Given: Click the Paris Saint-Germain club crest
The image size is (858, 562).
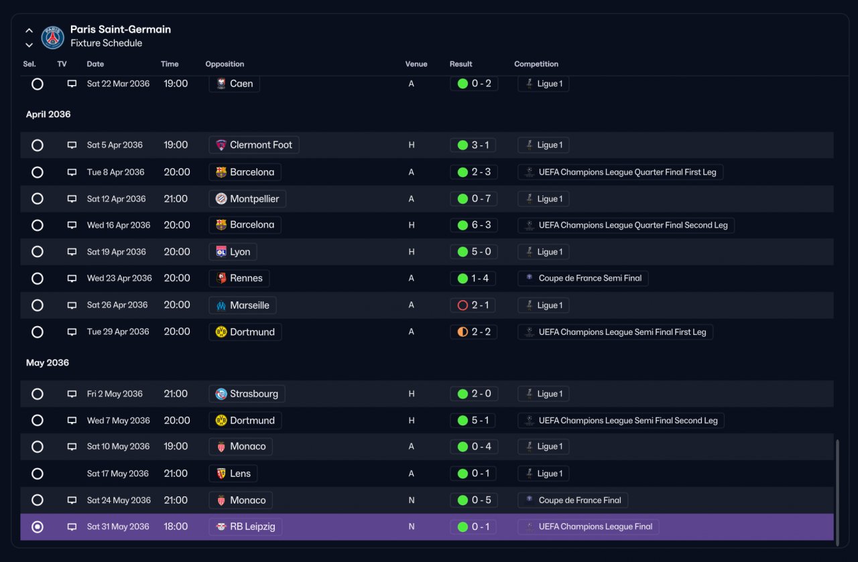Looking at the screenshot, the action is pos(52,37).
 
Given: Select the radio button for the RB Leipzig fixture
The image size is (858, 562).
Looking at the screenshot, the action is pos(37,526).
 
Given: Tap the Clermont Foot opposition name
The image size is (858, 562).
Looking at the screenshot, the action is pos(261,145).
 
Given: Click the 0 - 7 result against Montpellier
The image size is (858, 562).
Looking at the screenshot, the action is pos(481,199).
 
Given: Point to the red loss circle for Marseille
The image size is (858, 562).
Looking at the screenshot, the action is pos(463,305).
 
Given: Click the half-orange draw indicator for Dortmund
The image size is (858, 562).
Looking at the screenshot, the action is pos(463,332).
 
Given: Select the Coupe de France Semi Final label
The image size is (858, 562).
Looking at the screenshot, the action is pos(590,278).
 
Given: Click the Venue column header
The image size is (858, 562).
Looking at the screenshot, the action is pos(416,64).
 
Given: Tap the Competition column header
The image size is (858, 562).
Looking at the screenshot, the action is pos(536,64).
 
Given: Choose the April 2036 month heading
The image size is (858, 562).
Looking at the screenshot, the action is pos(48,114).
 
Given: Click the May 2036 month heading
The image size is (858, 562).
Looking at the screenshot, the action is pos(48,362).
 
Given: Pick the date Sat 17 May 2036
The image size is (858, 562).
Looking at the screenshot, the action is pos(117,474).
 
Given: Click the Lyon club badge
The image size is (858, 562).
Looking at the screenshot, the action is pos(221,251).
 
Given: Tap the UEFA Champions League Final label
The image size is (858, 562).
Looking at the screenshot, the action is pos(595,526).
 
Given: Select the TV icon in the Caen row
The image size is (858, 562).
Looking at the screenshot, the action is pos(72,84).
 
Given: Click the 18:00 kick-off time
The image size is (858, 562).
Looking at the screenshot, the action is pos(176,526).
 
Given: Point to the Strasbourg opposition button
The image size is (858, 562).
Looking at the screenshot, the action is pos(247,394).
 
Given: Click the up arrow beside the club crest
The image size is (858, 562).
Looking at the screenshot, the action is pos(29,30).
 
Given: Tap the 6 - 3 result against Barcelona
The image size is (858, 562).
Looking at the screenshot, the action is pos(481,224).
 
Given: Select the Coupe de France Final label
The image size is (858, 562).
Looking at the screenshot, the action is pos(580,500).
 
